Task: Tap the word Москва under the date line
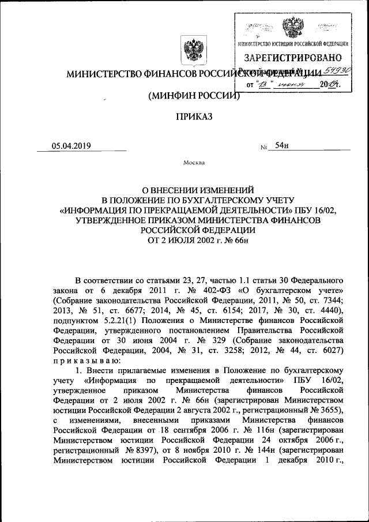(x=194, y=163)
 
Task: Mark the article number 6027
(x=332, y=355)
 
